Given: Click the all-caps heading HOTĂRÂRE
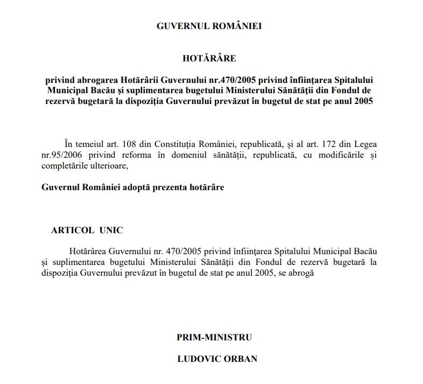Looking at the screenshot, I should tap(209, 58).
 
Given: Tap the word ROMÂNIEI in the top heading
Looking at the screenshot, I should tap(238, 26).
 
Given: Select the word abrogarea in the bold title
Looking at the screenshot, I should tap(95, 79).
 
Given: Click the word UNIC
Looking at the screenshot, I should tap(111, 230).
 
